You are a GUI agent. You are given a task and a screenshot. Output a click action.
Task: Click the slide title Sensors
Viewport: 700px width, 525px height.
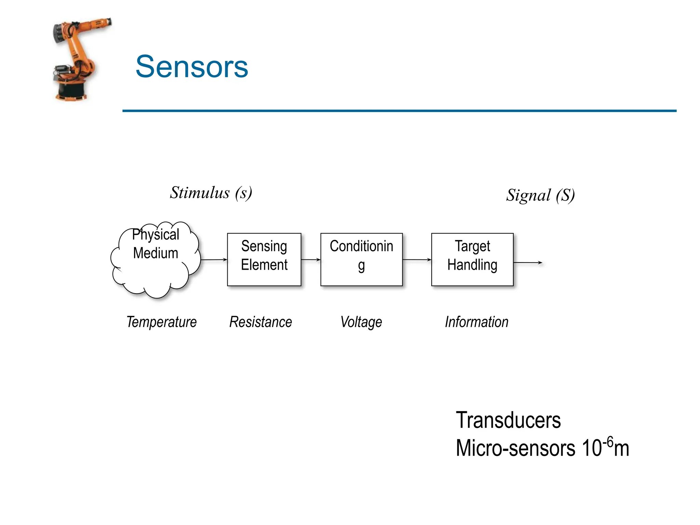click(x=192, y=67)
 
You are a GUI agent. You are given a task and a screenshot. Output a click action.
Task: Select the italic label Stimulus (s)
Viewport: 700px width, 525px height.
click(x=211, y=193)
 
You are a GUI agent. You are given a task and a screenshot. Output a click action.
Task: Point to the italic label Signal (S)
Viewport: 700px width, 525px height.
click(x=540, y=196)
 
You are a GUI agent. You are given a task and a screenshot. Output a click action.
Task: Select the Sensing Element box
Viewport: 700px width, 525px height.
click(x=264, y=259)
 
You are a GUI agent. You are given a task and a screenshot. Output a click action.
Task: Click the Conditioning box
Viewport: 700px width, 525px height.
click(x=361, y=259)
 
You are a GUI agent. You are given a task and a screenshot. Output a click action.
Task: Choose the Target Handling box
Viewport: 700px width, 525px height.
click(x=472, y=259)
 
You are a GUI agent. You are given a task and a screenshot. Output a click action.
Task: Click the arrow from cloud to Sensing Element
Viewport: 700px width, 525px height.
click(x=214, y=260)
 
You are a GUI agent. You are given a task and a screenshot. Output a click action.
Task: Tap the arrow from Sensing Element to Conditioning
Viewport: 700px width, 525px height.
click(x=311, y=260)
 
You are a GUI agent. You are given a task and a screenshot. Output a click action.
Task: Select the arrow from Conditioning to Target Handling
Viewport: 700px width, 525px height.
click(x=417, y=260)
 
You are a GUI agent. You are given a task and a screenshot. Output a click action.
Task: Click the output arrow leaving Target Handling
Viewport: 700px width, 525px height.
click(x=528, y=262)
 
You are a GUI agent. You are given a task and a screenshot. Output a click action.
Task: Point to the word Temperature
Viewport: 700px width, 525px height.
click(x=161, y=322)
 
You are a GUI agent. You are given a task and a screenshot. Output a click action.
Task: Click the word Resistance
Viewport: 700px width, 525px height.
click(x=260, y=322)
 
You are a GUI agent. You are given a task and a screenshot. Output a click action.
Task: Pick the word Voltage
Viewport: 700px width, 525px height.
click(x=361, y=322)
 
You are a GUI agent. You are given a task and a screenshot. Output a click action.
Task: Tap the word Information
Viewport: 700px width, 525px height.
click(x=476, y=322)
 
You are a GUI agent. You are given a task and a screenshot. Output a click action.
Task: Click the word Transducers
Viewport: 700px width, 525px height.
click(x=508, y=420)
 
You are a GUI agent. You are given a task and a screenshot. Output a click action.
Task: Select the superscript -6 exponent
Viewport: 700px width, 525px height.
click(x=608, y=441)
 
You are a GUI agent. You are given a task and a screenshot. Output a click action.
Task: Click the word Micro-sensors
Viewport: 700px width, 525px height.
click(x=515, y=448)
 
